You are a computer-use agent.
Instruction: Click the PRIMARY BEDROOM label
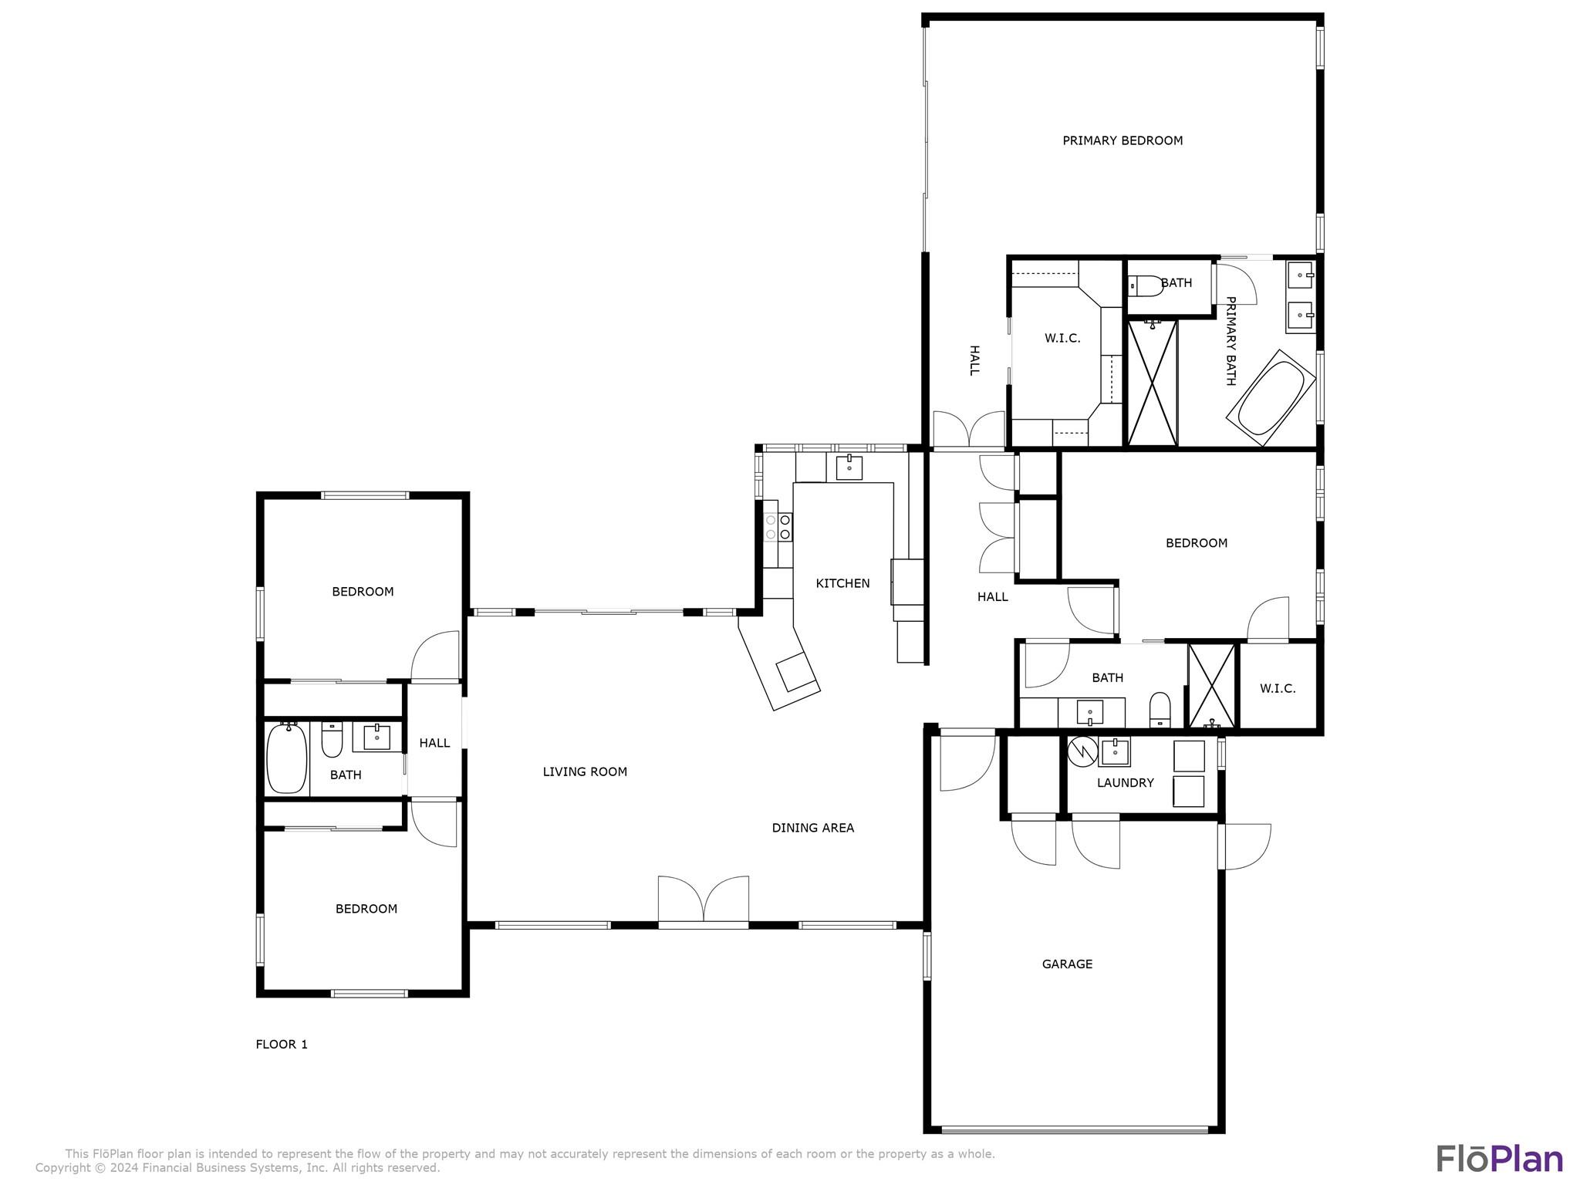coord(1123,140)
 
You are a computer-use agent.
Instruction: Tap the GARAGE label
coord(1067,964)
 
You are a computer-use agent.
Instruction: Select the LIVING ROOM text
coord(585,771)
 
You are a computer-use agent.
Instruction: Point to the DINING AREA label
coord(813,828)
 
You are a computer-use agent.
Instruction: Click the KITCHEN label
coord(842,583)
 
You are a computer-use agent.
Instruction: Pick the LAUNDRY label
coord(1126,782)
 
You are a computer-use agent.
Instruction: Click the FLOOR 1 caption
coord(282,1044)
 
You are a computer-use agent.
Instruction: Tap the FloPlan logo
coord(1500,1159)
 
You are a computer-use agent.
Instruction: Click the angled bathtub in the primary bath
coord(1271,397)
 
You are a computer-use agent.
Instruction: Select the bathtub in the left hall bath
coord(287,758)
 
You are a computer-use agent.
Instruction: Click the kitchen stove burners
coord(778,527)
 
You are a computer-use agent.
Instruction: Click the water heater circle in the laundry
coord(1082,752)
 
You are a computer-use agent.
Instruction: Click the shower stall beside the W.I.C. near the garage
coord(1212,686)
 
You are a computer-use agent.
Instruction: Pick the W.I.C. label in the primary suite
coord(1062,338)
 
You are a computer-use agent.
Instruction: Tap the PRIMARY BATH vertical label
coord(1231,341)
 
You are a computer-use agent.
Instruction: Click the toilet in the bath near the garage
coord(1160,710)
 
